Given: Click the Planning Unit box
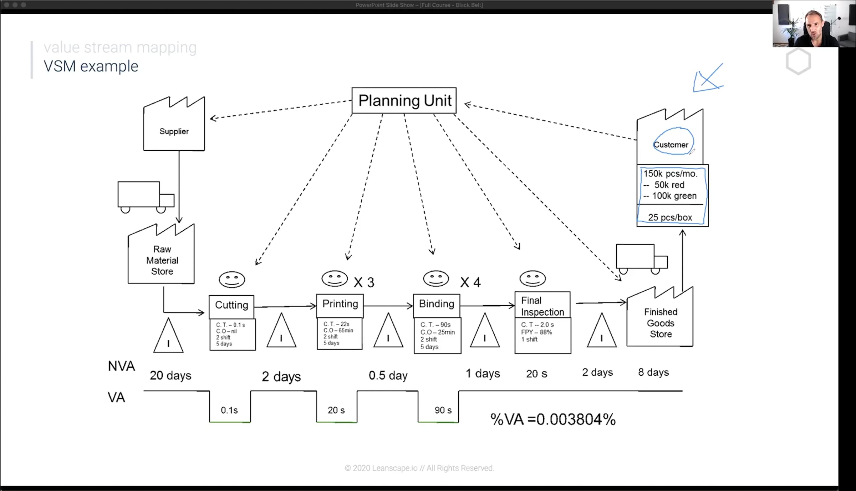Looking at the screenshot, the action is pos(404,101).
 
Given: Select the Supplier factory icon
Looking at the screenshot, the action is pos(174,124).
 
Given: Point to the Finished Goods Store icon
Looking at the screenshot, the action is pos(660,317).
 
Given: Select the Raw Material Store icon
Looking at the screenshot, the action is pos(161,254).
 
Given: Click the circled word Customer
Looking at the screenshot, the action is pos(671,145).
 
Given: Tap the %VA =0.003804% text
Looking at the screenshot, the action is pos(553,419).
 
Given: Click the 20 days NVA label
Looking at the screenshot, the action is pos(170,375).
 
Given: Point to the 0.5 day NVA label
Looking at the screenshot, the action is pos(388,375).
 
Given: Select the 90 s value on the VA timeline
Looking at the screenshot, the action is pos(443,410).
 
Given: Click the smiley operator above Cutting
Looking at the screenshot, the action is pos(232,280).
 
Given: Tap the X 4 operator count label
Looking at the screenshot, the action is pos(470,282).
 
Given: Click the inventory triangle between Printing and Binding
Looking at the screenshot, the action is pos(388,330).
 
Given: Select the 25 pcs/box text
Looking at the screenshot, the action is pos(670,217).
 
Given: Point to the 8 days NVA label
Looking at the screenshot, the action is pos(653,372).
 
